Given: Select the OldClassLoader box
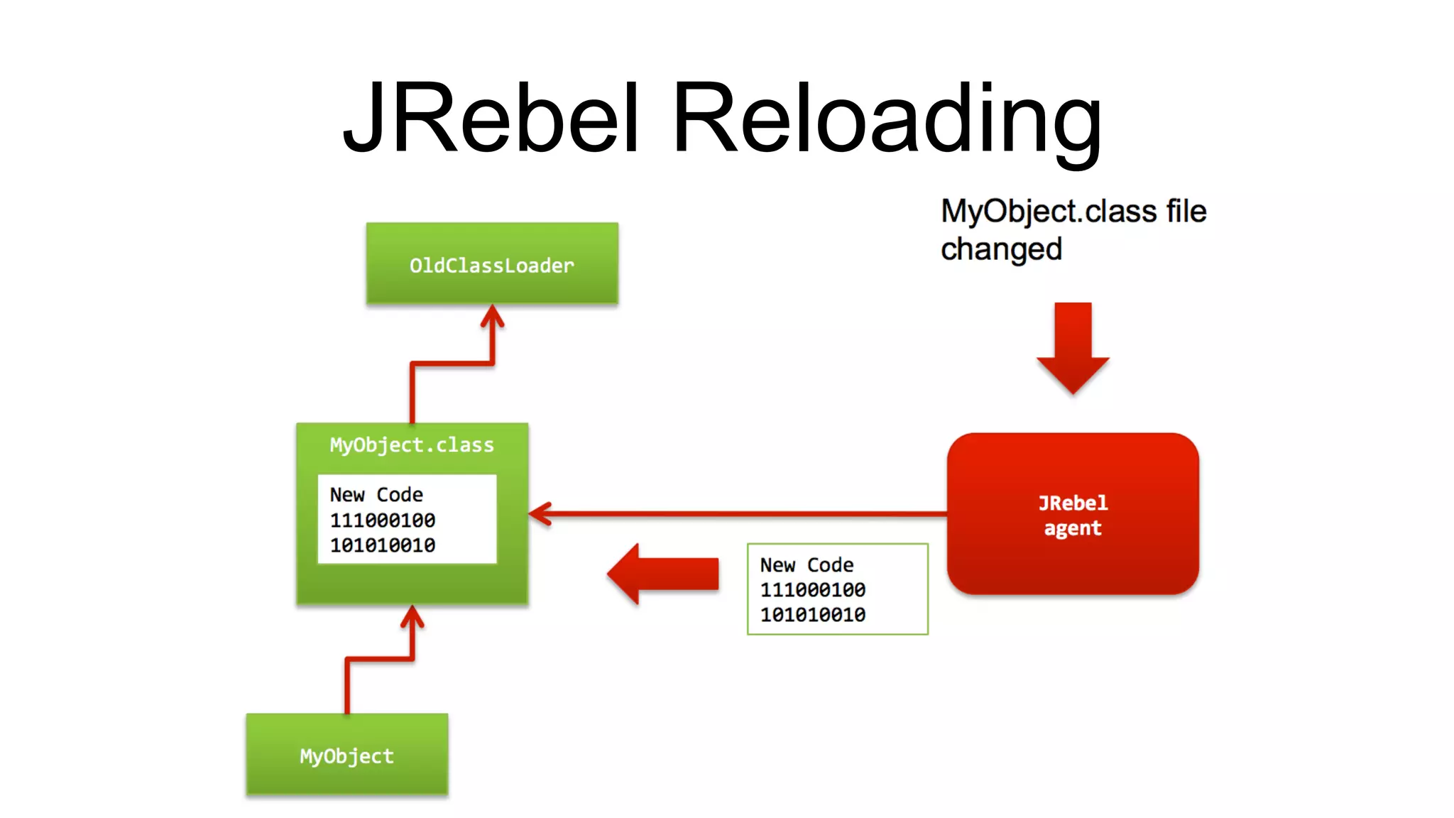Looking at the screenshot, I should tap(491, 264).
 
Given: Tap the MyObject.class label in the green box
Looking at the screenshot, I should tap(412, 445).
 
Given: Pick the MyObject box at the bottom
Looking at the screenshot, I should tap(346, 755).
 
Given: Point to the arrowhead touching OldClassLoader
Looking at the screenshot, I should tap(492, 316).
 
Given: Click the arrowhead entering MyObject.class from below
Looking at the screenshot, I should tap(412, 616).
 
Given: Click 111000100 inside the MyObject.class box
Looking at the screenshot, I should tap(383, 520).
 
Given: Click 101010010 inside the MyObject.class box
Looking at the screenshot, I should tap(383, 545).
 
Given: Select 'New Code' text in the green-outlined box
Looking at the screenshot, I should tap(807, 565).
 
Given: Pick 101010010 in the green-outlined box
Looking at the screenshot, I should tap(813, 615).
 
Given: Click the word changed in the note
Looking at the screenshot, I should tap(1001, 249).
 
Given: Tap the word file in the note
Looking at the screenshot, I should tap(1186, 212).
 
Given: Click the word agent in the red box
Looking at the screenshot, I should tap(1072, 528).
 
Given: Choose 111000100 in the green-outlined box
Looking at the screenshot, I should tap(813, 590).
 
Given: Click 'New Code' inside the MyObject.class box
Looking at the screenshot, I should tap(376, 495).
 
